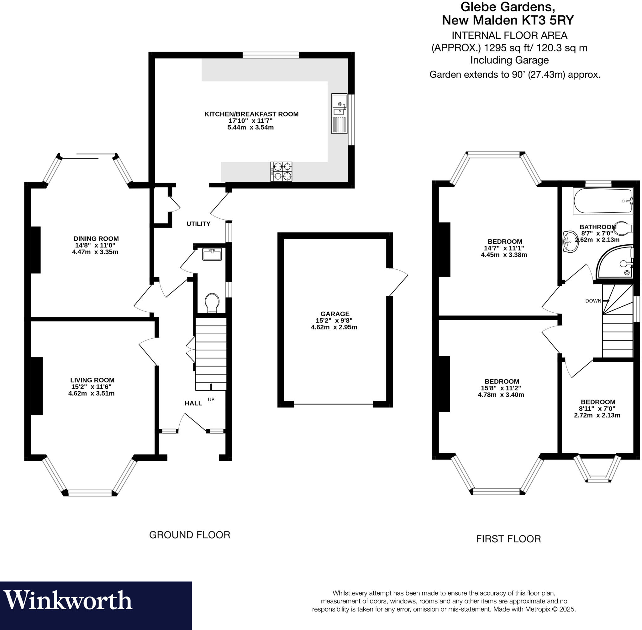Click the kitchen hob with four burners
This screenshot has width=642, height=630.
(282, 171)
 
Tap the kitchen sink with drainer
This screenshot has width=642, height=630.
(339, 113)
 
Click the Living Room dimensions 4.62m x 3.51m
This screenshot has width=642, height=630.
(92, 393)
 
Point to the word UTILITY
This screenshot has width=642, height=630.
(198, 224)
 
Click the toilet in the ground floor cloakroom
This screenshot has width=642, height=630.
(212, 302)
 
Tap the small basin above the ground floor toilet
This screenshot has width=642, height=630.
(212, 254)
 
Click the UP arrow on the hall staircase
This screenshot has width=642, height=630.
(211, 386)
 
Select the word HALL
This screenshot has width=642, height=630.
(193, 403)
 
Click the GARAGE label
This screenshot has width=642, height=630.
(335, 314)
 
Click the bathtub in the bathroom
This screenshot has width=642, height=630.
(602, 201)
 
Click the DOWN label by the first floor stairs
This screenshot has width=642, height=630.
(593, 301)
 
